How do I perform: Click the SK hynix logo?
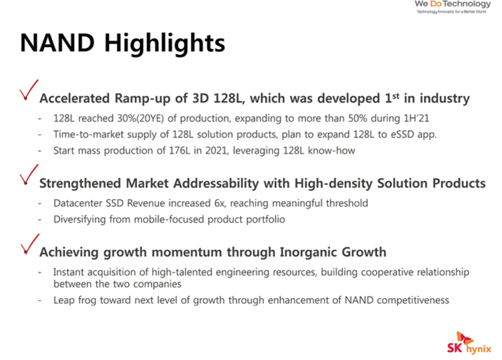point(469,343)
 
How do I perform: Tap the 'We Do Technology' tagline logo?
point(453,7)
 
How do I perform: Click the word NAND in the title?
point(57,43)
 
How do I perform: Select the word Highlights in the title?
point(165,44)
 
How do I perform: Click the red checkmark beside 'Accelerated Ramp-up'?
point(29,90)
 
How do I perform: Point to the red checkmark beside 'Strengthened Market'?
point(29,175)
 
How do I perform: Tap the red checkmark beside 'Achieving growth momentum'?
point(29,244)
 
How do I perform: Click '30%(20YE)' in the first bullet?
point(140,119)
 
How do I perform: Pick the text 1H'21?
point(417,119)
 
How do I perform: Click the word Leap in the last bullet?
point(64,301)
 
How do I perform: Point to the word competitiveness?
point(413,301)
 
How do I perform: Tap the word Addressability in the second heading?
point(216,183)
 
